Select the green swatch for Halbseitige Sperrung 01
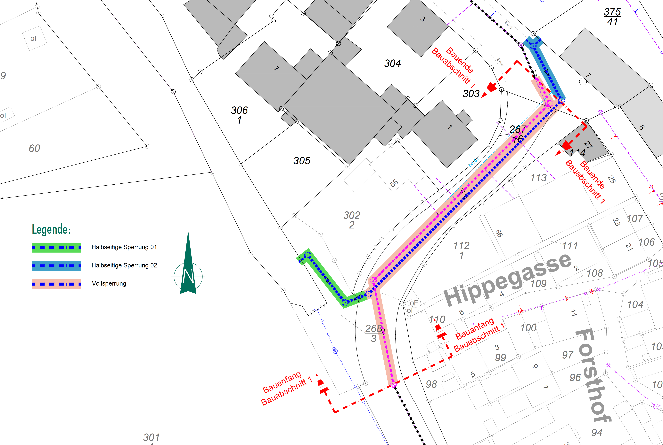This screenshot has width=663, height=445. pyautogui.click(x=57, y=248)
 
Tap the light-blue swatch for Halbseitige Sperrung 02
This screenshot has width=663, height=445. pyautogui.click(x=57, y=266)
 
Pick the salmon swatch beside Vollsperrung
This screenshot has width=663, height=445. pyautogui.click(x=57, y=284)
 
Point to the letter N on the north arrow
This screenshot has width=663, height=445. pyautogui.click(x=188, y=276)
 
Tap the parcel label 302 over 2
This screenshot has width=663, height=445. pyautogui.click(x=352, y=220)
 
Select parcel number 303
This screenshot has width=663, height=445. pyautogui.click(x=471, y=94)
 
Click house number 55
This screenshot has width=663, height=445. pyautogui.click(x=394, y=183)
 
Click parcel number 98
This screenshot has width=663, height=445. pyautogui.click(x=431, y=384)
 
